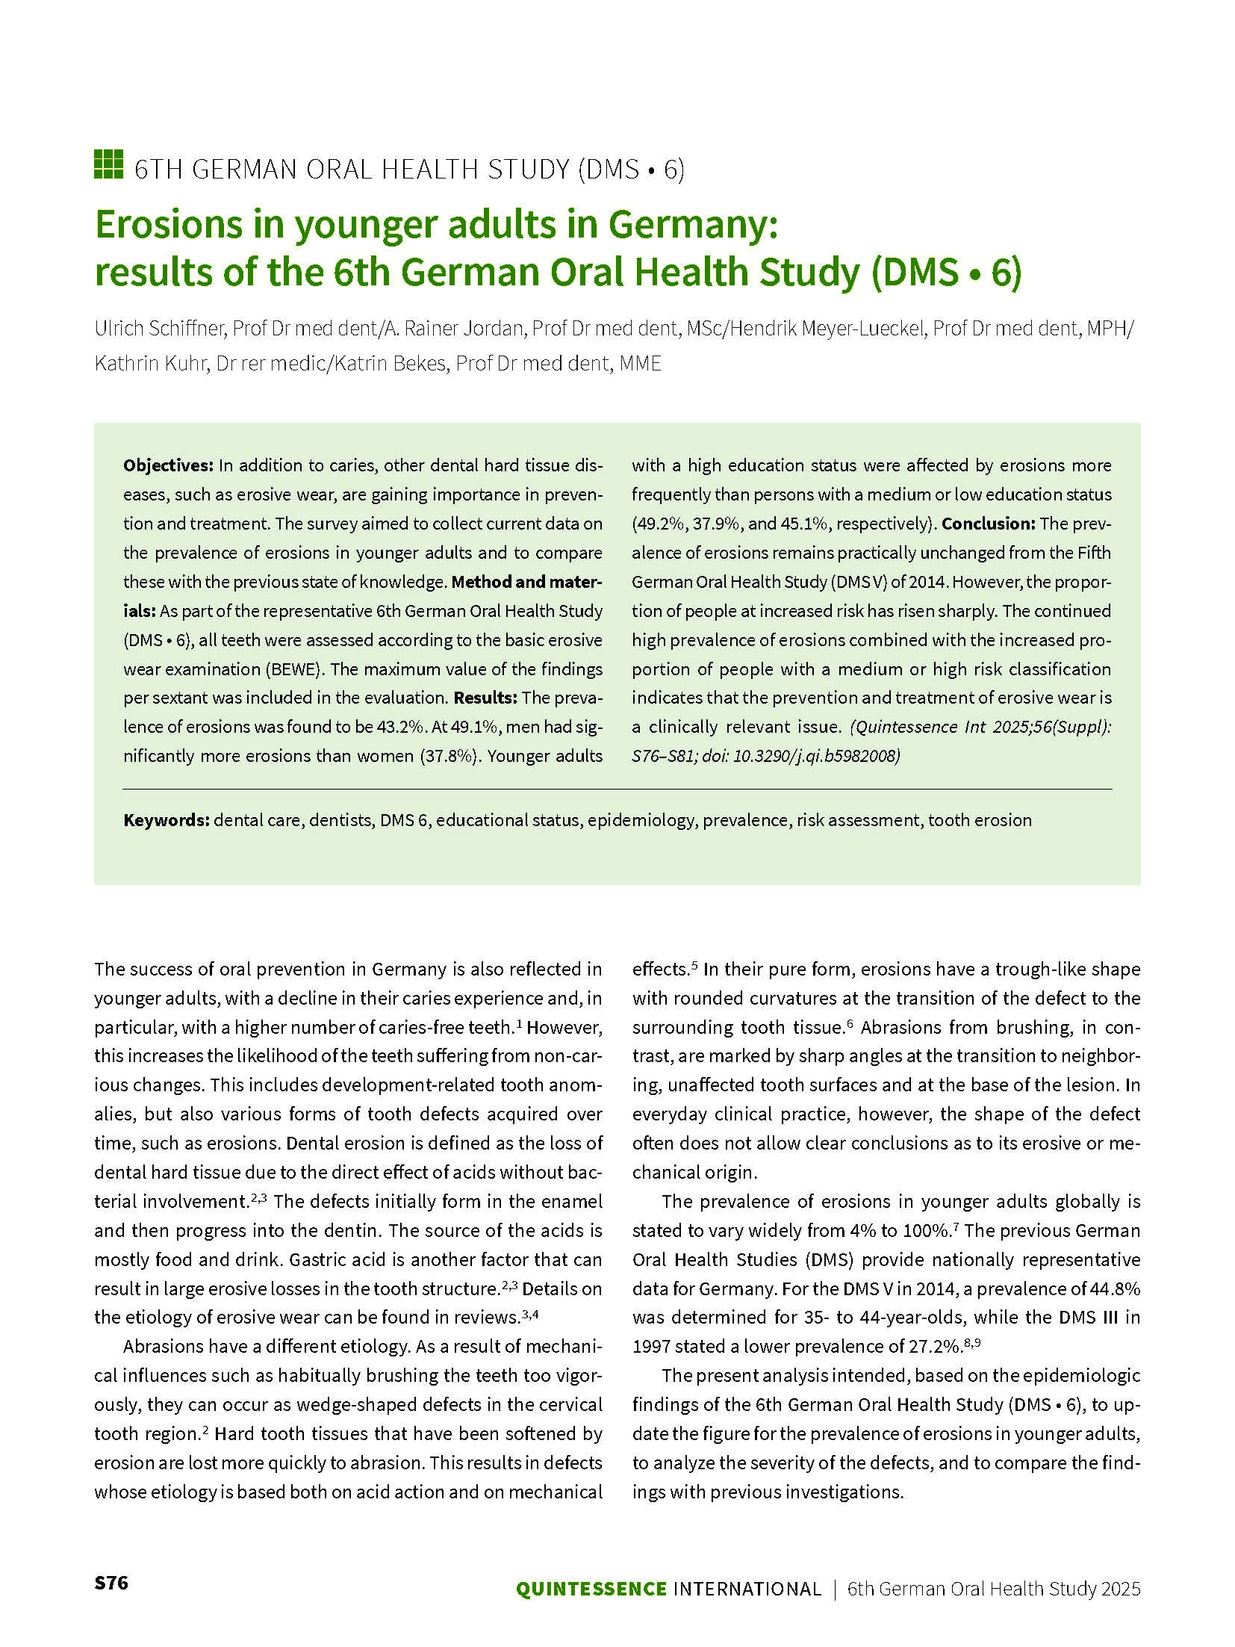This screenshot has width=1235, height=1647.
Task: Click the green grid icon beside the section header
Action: pyautogui.click(x=108, y=164)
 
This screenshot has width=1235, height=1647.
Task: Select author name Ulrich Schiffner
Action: pyautogui.click(x=159, y=329)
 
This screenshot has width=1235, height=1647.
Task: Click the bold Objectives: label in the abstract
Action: pyautogui.click(x=168, y=465)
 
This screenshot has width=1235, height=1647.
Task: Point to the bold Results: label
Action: pyautogui.click(x=485, y=698)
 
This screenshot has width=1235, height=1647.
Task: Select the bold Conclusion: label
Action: pyautogui.click(x=988, y=524)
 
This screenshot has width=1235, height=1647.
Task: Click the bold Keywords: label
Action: pyautogui.click(x=166, y=820)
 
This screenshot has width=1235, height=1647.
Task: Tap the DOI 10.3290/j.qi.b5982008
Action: pyautogui.click(x=817, y=756)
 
